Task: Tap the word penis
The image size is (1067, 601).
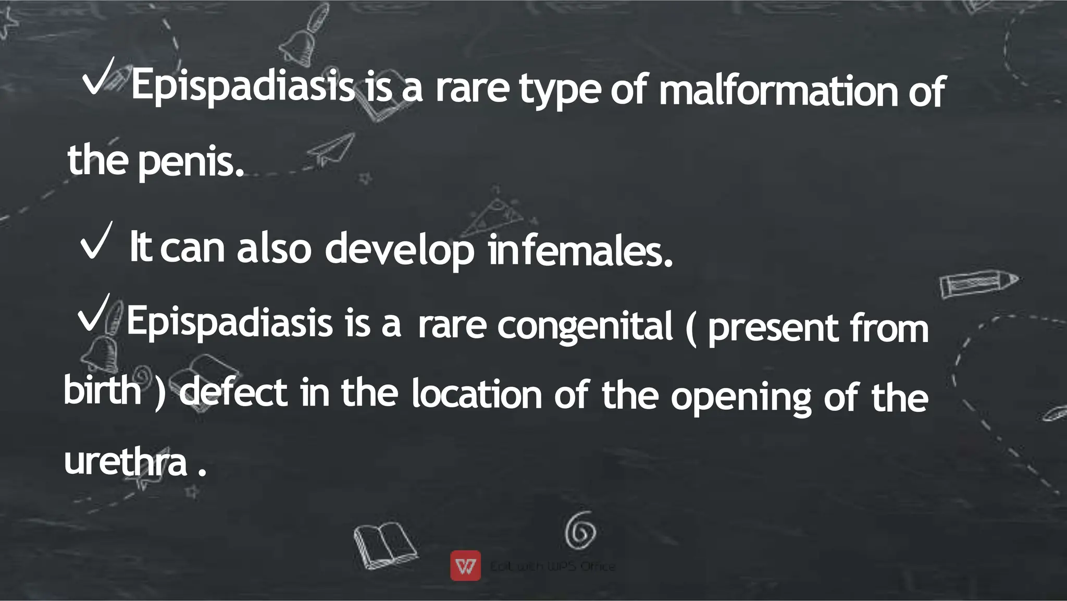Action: point(191,162)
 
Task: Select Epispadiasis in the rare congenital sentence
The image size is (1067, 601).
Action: point(229,322)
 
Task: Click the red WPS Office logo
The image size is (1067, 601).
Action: point(465,566)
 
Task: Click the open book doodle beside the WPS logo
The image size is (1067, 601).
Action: point(384,545)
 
